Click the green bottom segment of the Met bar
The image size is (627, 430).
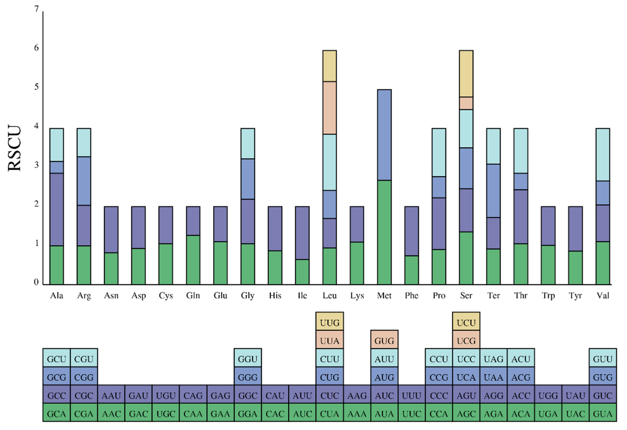pos(384,232)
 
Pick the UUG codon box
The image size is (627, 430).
pos(329,322)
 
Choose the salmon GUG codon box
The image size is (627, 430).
pos(384,341)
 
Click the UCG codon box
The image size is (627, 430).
pos(466,341)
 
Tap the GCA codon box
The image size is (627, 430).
pos(56,413)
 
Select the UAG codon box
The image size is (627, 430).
pos(493,359)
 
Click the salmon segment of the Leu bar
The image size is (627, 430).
pos(329,108)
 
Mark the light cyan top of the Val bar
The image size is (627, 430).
pos(603,154)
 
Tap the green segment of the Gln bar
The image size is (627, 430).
pos(193,260)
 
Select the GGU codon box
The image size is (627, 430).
pos(247,359)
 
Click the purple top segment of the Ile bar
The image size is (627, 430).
pos(302,233)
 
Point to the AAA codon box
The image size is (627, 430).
pos(357,413)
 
